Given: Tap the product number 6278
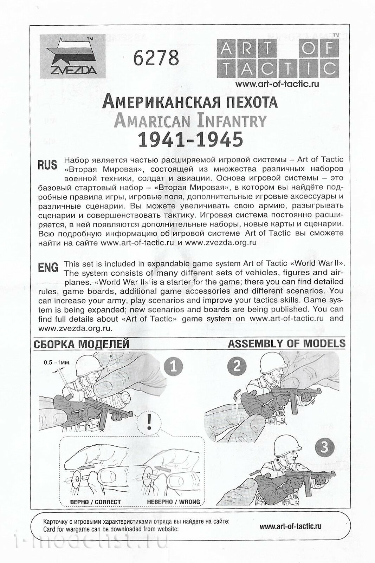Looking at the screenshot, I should coord(156,58).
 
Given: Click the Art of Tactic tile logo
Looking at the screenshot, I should coord(278,58).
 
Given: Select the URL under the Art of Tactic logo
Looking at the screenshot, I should coord(277,84).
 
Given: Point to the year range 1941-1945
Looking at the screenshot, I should coord(190,139).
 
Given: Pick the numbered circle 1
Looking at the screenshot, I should coord(173,367).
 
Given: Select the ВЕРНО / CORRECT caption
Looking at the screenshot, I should coord(95,502).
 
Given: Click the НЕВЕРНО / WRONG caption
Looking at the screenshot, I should coord(170,502).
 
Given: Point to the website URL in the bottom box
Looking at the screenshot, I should coord(290,526).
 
